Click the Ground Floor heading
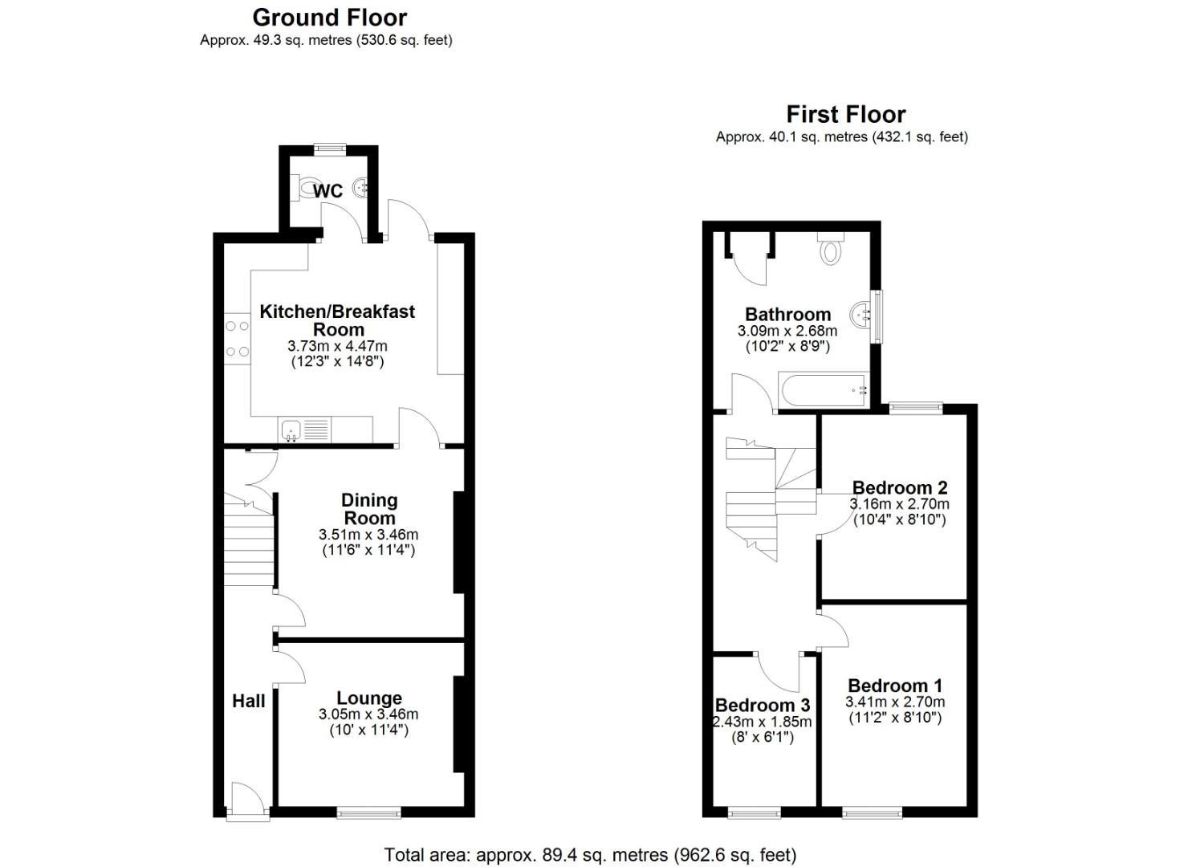click(x=329, y=18)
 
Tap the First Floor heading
click(x=845, y=115)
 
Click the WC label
click(x=327, y=191)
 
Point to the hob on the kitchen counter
click(x=238, y=339)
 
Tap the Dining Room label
click(x=369, y=509)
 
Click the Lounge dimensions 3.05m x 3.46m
click(x=368, y=714)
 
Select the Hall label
click(x=249, y=701)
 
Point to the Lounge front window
click(x=368, y=812)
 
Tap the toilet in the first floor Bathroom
click(x=831, y=248)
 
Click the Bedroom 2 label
click(x=900, y=487)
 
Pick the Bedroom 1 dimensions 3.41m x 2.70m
click(x=895, y=702)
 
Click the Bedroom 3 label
click(x=763, y=705)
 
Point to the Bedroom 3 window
click(x=754, y=812)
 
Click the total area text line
click(x=590, y=855)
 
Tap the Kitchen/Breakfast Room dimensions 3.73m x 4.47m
click(x=337, y=346)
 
